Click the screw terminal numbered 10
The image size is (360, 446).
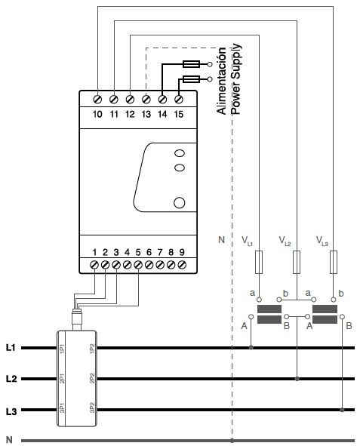pyautogui.click(x=97, y=100)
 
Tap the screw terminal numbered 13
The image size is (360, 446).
pyautogui.click(x=146, y=100)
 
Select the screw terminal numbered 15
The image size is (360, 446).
pyautogui.click(x=179, y=100)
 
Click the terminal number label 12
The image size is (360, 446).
pyautogui.click(x=130, y=115)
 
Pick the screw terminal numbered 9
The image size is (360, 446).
pyautogui.click(x=182, y=265)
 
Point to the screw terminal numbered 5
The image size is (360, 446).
pyautogui.click(x=138, y=265)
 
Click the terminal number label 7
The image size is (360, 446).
pyautogui.click(x=160, y=252)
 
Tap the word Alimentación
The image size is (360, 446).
pyautogui.click(x=222, y=81)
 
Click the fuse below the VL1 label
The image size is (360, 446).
pyautogui.click(x=259, y=262)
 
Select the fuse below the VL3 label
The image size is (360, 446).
pyautogui.click(x=334, y=262)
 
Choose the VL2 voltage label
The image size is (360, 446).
pyautogui.click(x=285, y=241)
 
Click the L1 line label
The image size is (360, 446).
pyautogui.click(x=11, y=348)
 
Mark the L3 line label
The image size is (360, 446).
pyautogui.click(x=11, y=411)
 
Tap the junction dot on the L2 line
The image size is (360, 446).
pyautogui.click(x=297, y=379)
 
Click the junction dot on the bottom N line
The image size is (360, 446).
pyautogui.click(x=232, y=441)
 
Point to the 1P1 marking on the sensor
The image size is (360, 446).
pyautogui.click(x=63, y=349)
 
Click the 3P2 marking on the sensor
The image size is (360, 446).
pyautogui.click(x=92, y=408)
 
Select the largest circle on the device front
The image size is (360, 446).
pyautogui.click(x=180, y=203)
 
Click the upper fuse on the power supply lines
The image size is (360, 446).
pyautogui.click(x=191, y=64)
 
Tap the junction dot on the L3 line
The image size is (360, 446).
pyautogui.click(x=342, y=410)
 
